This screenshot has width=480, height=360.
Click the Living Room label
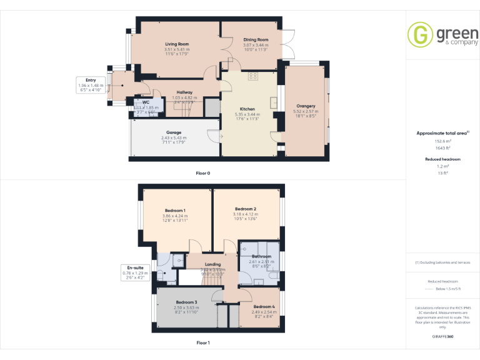click(x=177, y=44)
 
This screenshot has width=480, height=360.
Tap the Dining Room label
click(x=256, y=40)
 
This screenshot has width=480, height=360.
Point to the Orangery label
click(x=306, y=106)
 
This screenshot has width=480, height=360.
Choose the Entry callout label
click(x=91, y=80)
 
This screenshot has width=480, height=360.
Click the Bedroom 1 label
click(x=175, y=210)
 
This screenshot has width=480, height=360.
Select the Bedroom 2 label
click(x=246, y=209)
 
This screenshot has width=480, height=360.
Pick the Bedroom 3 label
click(x=186, y=302)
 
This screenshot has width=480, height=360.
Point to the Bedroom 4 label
click(x=263, y=306)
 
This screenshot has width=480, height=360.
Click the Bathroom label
click(x=261, y=256)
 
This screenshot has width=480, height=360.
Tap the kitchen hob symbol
click(x=253, y=76)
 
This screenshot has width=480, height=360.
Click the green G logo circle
click(x=419, y=34)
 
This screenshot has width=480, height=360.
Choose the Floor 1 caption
click(x=203, y=342)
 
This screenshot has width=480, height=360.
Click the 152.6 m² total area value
click(x=442, y=141)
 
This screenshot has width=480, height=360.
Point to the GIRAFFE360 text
click(x=442, y=337)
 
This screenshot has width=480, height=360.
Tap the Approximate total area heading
click(x=441, y=133)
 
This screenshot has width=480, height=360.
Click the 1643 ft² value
click(x=442, y=147)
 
